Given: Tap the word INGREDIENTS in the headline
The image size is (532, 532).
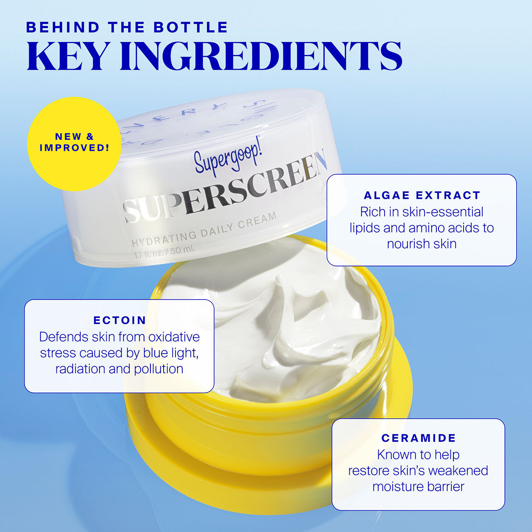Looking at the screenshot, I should click(260, 56).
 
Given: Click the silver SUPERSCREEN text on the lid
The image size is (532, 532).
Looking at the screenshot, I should click(225, 188).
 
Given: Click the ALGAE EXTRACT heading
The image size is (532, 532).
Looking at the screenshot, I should click(422, 195).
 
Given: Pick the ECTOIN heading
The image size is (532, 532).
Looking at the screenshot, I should click(120, 320).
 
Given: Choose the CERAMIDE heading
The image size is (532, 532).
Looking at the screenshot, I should click(419, 438).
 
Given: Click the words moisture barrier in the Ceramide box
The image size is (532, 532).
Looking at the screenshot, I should click(418, 487).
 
